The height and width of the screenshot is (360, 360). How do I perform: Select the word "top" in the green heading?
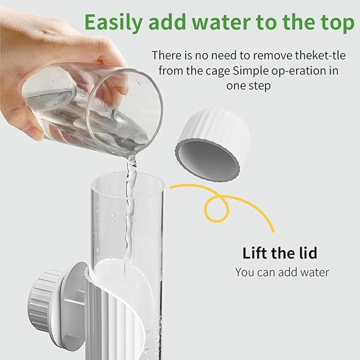(x=336, y=23)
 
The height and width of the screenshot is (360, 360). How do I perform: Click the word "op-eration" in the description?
(x=306, y=71)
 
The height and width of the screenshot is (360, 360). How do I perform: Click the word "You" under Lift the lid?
(x=245, y=273)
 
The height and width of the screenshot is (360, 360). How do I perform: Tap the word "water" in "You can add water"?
(x=314, y=273)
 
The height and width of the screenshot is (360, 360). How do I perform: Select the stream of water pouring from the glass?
(x=129, y=212)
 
